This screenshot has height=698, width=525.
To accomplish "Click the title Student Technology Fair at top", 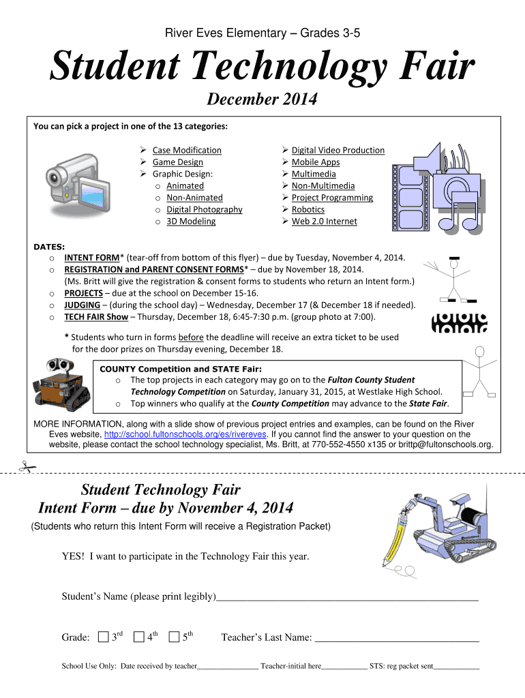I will point(262,68).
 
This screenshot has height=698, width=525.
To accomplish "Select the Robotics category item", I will point(307,209).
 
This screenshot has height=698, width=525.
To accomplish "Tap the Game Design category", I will point(177,162).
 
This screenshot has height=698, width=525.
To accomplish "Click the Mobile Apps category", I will point(315,162).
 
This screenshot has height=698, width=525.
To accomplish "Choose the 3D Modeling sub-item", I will point(191,221).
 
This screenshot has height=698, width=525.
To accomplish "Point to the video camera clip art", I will point(76,180).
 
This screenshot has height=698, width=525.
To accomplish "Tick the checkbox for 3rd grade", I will point(102,637).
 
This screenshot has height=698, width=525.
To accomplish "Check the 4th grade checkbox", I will point(139,637).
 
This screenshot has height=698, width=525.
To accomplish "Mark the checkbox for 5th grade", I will point(175,637).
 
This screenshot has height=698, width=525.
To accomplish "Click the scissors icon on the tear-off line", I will point(28,468).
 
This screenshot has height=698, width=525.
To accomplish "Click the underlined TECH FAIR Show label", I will point(96,317).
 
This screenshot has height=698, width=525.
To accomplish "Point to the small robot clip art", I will point(60,386).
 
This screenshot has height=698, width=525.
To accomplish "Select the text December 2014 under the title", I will point(262,100).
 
